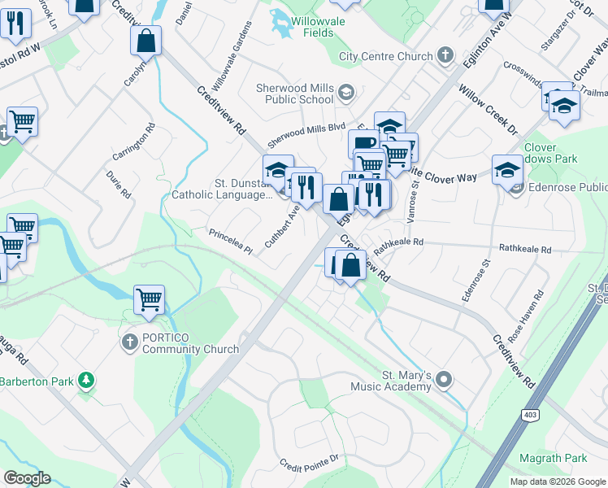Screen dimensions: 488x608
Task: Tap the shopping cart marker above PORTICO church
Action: coord(149,300)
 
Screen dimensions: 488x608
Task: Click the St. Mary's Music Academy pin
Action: coord(444,379)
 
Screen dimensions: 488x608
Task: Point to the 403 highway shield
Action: coord(530,416)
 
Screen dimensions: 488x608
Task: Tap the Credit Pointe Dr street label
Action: coord(308,461)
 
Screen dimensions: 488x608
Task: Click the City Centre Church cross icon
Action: coord(445,56)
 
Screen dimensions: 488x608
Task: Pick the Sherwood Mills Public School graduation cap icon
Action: coord(346,92)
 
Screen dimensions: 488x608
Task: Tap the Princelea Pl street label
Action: coord(232,234)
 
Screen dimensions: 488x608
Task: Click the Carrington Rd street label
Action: coord(135,142)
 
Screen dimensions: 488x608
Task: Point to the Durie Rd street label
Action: coord(118,184)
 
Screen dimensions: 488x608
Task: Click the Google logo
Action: coord(26,478)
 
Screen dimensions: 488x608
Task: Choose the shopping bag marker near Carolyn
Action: coord(145,40)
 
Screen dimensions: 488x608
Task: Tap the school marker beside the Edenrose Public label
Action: coord(507,170)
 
